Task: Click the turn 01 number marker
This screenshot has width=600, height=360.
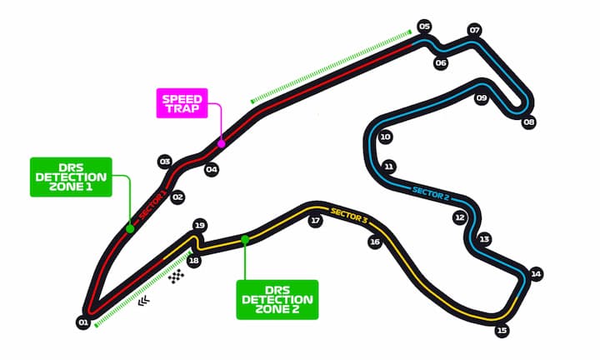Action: tap(83, 322)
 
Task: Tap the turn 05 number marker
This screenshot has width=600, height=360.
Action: tap(424, 27)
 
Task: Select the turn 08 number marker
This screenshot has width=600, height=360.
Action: tap(528, 122)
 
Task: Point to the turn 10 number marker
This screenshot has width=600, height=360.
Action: tap(385, 137)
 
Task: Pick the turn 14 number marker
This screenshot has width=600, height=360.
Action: tap(536, 274)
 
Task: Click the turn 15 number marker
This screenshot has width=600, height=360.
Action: tap(502, 330)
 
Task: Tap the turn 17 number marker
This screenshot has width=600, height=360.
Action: tap(315, 221)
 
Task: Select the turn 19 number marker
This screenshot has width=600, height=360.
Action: tap(199, 225)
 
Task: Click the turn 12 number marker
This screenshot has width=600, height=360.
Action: tap(459, 217)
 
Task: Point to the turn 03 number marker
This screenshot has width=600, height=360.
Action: tap(165, 162)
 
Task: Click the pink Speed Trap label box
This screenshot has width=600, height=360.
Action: tap(182, 103)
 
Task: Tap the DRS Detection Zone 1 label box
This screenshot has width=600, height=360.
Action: tap(71, 177)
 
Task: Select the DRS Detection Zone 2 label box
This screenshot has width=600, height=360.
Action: tap(277, 299)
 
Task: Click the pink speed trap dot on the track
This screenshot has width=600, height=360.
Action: tap(221, 144)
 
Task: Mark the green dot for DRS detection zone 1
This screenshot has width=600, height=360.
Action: tap(130, 229)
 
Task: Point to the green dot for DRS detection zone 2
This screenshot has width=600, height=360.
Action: tap(245, 240)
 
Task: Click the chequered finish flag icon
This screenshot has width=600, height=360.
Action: tap(177, 276)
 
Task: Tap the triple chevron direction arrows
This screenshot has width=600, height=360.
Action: tap(143, 302)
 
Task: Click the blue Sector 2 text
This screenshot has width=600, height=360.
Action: tap(431, 193)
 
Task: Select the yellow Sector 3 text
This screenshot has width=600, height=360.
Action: tap(349, 216)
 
